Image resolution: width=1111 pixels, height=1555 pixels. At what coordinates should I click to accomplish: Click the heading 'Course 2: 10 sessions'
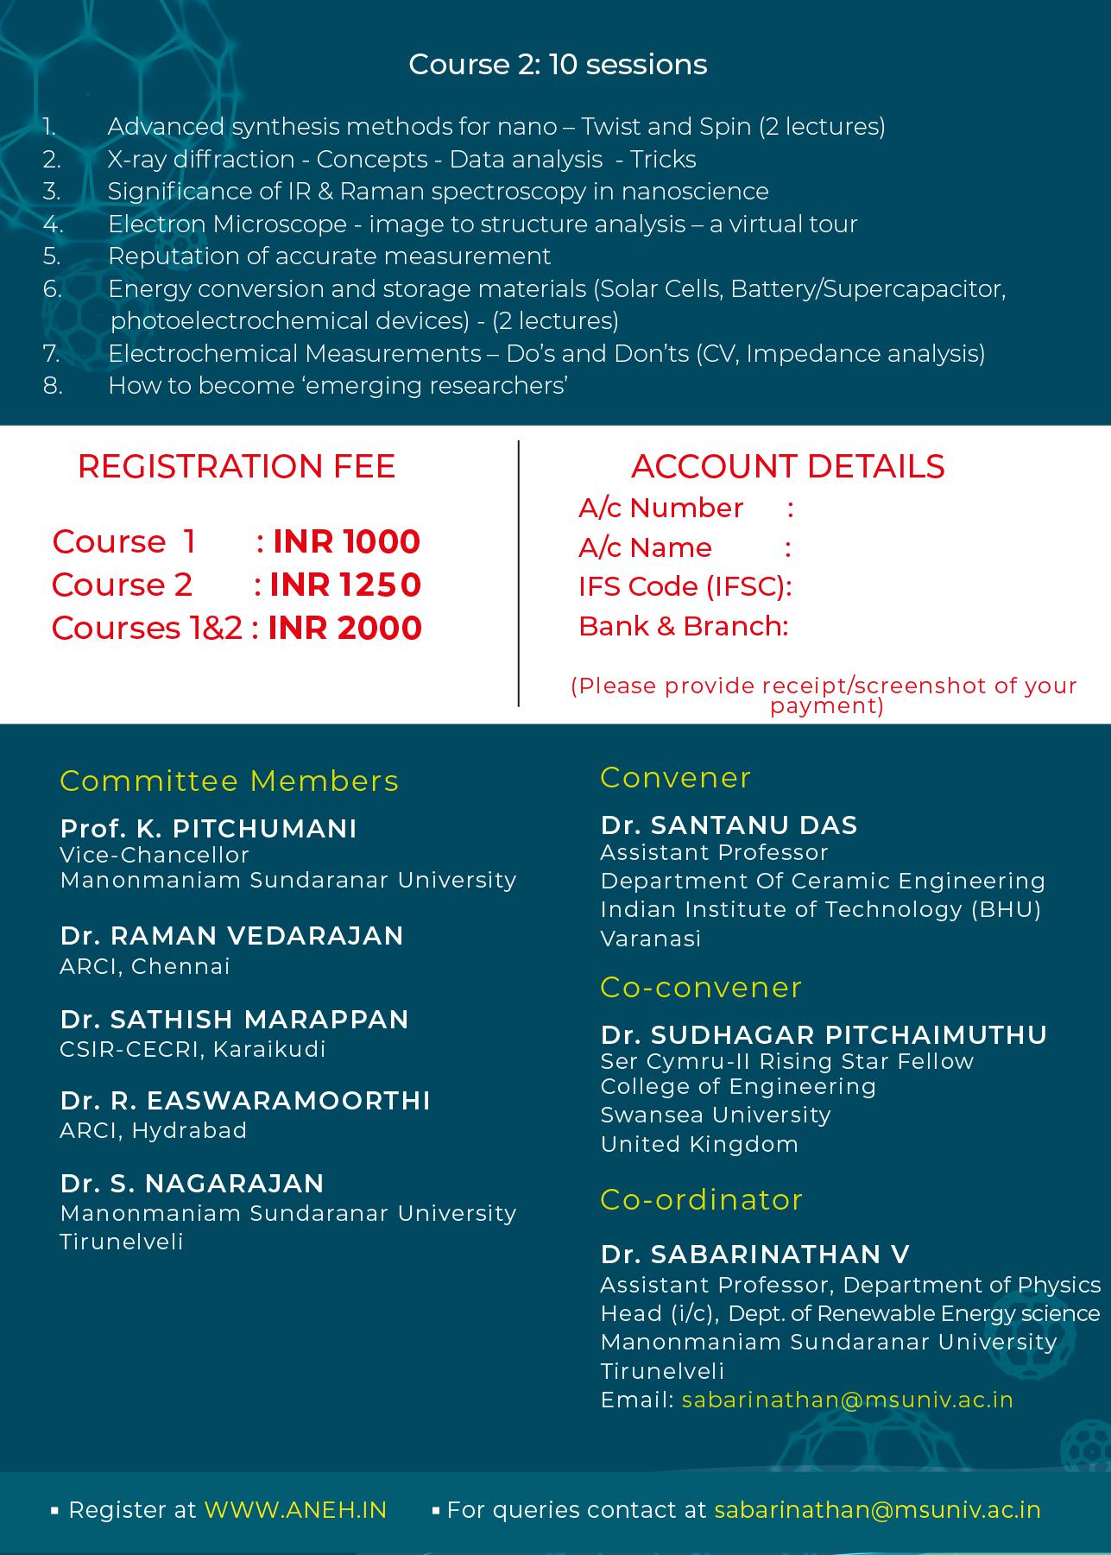click(x=558, y=65)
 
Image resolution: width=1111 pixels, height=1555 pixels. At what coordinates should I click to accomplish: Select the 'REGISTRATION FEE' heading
click(x=237, y=466)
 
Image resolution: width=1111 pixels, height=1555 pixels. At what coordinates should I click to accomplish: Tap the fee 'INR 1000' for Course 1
click(x=346, y=542)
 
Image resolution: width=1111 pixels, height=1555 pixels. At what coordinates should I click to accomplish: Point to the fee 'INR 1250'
click(x=345, y=585)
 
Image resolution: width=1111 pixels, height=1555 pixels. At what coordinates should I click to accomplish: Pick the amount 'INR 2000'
click(x=344, y=629)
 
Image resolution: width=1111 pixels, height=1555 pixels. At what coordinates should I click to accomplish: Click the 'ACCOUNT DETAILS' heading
click(x=787, y=466)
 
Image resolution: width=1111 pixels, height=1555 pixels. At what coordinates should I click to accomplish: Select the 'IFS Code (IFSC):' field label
click(x=685, y=587)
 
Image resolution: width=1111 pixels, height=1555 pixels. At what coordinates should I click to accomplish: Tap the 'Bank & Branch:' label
click(x=683, y=626)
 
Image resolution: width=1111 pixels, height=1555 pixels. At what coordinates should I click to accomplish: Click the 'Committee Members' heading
click(x=229, y=781)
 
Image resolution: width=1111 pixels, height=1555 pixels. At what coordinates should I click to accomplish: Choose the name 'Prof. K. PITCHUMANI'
click(x=208, y=829)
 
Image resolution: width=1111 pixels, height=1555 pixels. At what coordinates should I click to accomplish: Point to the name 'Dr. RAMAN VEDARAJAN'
click(x=231, y=936)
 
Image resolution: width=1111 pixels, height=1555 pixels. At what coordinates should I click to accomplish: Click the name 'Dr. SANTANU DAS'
click(x=729, y=825)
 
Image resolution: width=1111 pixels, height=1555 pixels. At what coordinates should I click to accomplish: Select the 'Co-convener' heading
click(x=701, y=988)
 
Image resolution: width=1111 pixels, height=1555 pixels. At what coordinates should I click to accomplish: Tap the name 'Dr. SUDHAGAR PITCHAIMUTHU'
click(x=824, y=1034)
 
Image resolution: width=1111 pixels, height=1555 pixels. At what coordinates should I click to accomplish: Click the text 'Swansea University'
click(x=716, y=1115)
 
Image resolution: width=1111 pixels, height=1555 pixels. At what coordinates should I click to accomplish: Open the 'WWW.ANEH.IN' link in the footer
click(x=295, y=1510)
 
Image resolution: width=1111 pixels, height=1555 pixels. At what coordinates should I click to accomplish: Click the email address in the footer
click(x=877, y=1510)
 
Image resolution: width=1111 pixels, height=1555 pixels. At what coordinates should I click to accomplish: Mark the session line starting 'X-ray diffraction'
click(x=401, y=160)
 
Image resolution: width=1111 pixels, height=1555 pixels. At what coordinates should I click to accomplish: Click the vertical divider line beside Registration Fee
click(x=519, y=573)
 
